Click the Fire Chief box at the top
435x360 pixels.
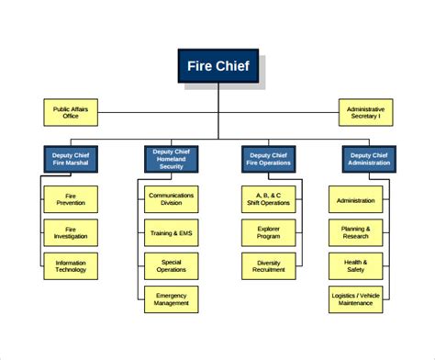click(x=217, y=66)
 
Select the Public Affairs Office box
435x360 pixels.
click(x=71, y=112)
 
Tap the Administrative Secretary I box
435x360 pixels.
click(x=365, y=112)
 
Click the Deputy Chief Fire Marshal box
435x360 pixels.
click(x=71, y=159)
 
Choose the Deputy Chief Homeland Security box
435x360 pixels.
click(x=170, y=159)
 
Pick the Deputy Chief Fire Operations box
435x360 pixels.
click(x=268, y=159)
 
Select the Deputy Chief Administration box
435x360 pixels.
click(x=369, y=159)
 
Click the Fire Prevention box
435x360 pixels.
click(x=71, y=198)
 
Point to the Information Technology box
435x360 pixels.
click(x=71, y=266)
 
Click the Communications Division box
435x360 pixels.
click(x=171, y=198)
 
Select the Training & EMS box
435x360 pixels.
click(x=171, y=232)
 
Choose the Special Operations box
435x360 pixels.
click(x=171, y=266)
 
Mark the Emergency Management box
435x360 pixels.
click(x=171, y=299)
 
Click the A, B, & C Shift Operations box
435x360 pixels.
click(x=268, y=198)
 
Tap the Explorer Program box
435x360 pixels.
click(x=268, y=232)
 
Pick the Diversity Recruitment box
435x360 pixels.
click(x=268, y=266)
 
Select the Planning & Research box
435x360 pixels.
click(x=355, y=232)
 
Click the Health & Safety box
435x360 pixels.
click(x=355, y=266)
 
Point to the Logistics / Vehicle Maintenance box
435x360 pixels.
click(x=355, y=299)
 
